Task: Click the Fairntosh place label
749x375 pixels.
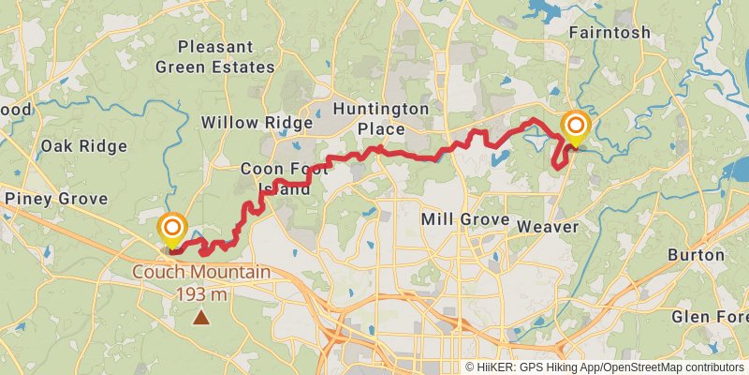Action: (x=609, y=32)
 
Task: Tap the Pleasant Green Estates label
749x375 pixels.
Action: (x=215, y=56)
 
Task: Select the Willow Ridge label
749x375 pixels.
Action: (x=257, y=123)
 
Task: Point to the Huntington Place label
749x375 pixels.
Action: (x=381, y=119)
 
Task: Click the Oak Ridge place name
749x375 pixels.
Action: (x=83, y=145)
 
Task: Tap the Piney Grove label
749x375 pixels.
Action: (x=56, y=199)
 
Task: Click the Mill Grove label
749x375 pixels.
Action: (x=465, y=219)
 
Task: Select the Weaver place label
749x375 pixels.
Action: (x=549, y=227)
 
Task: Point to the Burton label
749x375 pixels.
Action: (x=696, y=254)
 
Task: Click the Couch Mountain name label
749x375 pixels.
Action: (x=201, y=273)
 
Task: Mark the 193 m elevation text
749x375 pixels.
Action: (x=201, y=293)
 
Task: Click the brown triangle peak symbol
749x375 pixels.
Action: (x=201, y=318)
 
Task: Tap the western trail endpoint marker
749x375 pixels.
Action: (x=172, y=229)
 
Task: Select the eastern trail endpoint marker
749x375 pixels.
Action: (x=575, y=127)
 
